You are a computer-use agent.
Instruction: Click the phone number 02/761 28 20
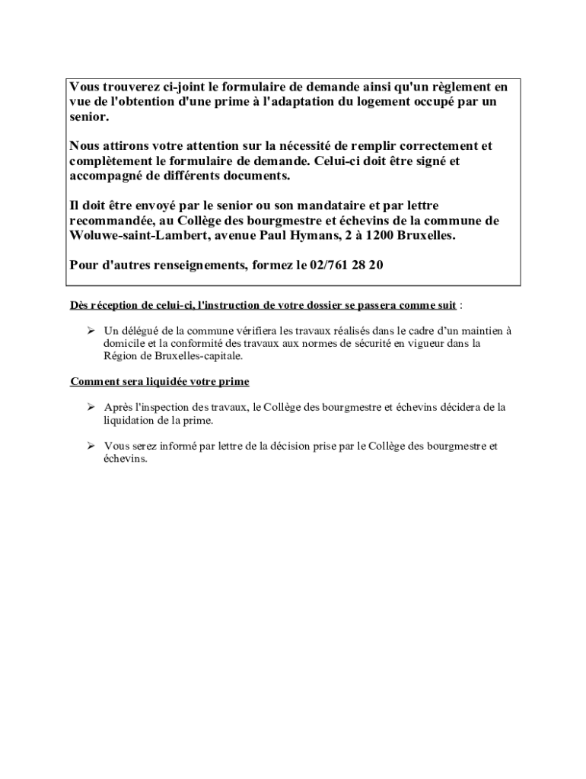[346, 265]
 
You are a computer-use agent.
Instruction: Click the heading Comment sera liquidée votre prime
[160, 381]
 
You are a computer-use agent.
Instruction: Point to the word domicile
[127, 343]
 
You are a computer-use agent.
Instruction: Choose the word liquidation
[130, 420]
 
